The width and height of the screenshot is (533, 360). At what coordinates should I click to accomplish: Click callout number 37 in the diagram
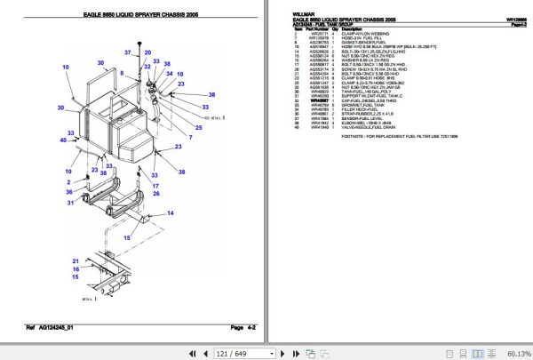pyautogui.click(x=127, y=54)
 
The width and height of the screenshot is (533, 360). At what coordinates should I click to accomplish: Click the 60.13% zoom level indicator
pyautogui.click(x=516, y=353)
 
